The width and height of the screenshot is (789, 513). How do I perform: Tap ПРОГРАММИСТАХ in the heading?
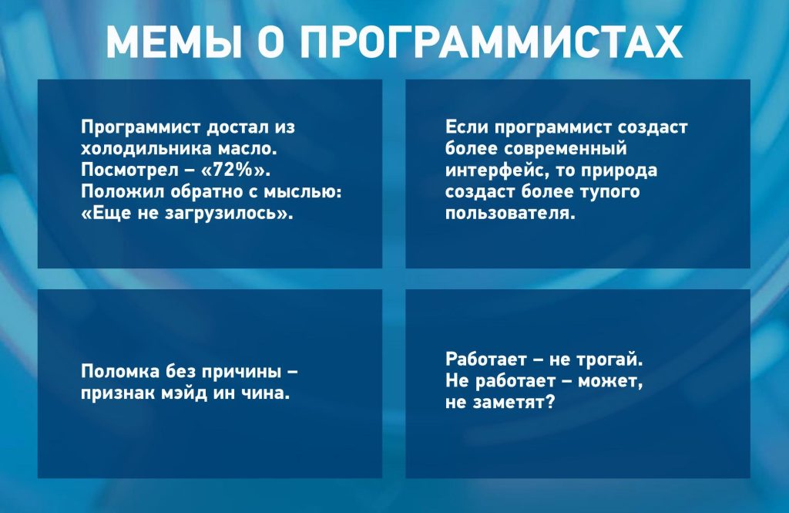pyautogui.click(x=491, y=42)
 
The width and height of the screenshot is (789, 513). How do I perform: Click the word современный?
pyautogui.click(x=566, y=149)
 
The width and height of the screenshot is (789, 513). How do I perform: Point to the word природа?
pyautogui.click(x=619, y=170)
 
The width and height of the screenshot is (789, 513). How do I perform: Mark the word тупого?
pyautogui.click(x=610, y=192)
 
